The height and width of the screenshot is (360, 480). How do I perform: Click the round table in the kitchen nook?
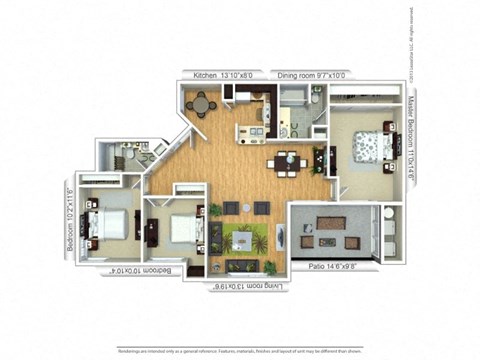point(202,104)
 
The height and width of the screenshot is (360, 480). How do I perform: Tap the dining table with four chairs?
point(286,160)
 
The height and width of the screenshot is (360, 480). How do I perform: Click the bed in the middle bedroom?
point(181,230)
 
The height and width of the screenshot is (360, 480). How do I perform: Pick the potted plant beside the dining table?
point(318,158)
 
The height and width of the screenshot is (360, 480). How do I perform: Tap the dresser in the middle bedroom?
point(151,232)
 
